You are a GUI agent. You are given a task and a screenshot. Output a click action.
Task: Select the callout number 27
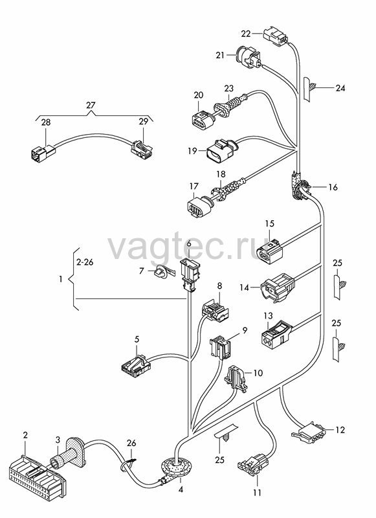91,106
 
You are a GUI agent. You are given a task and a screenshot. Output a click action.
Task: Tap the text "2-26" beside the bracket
85,262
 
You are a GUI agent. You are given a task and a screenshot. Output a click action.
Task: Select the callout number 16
333,187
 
